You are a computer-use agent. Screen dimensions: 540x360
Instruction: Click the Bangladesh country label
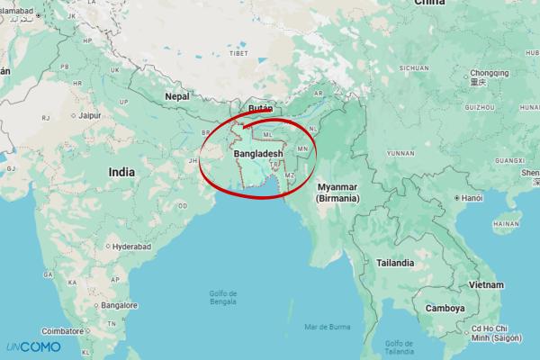pos(258,155)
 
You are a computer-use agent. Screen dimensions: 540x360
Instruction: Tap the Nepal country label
pos(177,95)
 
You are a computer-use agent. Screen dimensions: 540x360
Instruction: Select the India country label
pos(121,171)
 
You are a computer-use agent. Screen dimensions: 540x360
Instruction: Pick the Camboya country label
pos(445,308)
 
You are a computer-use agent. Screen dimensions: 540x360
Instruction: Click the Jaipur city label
pos(88,115)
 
